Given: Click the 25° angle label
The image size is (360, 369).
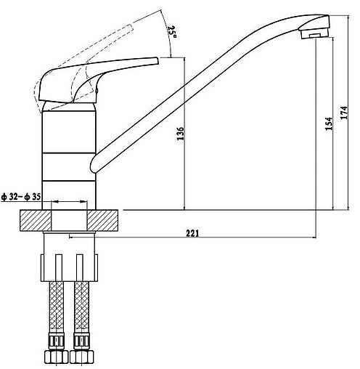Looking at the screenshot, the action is tap(173, 31).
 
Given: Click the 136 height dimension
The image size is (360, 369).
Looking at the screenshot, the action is tap(181, 133).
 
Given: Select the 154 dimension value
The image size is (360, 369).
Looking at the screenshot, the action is tap(329, 123).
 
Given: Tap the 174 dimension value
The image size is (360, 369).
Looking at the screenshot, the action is tap(344, 113).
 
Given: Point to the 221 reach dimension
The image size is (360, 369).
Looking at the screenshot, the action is tap(192, 233).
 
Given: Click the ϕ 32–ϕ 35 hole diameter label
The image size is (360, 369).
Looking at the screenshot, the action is tap(21, 197).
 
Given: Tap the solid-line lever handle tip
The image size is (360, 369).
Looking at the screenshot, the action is tap(157, 60).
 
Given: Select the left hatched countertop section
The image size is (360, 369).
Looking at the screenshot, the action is tap(36, 220).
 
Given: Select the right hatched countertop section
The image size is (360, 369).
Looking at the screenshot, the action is tap(102, 220).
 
